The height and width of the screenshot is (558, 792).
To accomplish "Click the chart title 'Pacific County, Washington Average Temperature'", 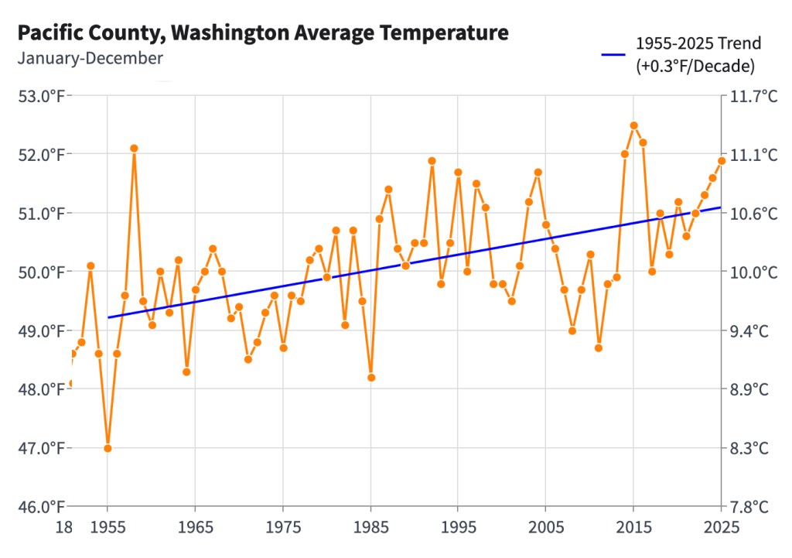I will point(263,33).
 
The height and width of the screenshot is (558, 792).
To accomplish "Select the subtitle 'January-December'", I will point(90,58).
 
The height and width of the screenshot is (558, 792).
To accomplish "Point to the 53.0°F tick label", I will point(40,96).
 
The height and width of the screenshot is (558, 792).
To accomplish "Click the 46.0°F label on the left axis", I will point(40,507).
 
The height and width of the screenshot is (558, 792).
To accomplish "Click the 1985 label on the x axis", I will point(370,527).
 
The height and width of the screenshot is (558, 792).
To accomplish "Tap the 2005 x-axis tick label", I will point(545,527).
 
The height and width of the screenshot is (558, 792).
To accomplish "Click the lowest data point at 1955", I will point(108,448).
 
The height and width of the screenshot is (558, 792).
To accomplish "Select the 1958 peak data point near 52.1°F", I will point(134,148).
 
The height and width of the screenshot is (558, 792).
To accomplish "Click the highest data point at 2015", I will point(633,125).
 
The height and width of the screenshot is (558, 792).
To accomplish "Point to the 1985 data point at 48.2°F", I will point(371,378).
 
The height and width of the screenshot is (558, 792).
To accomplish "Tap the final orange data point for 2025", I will point(722,161).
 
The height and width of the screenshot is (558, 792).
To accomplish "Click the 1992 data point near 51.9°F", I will point(432,161).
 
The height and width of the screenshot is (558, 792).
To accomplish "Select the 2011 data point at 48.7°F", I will point(599,347).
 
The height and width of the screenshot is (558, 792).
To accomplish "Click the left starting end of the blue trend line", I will point(108,317).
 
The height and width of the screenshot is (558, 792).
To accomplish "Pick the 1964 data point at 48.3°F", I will point(186,371).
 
